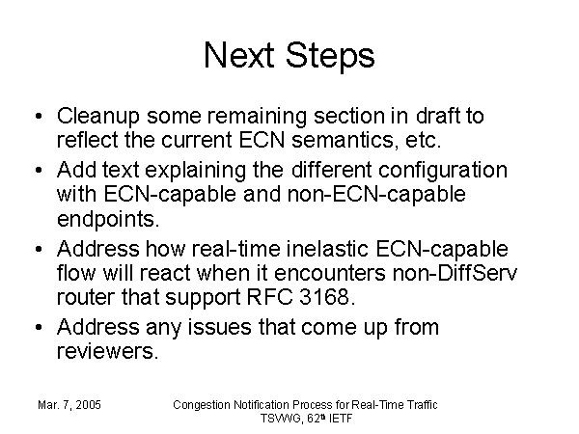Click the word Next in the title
pyautogui.click(x=239, y=55)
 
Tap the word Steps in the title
pyautogui.click(x=330, y=56)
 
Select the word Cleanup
pyautogui.click(x=97, y=117)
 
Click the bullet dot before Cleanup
pyautogui.click(x=39, y=117)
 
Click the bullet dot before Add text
pyautogui.click(x=39, y=170)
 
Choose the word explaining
pyautogui.click(x=195, y=170)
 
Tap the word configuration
pyautogui.click(x=442, y=170)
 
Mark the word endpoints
pyautogui.click(x=108, y=219)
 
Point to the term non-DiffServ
pyautogui.click(x=455, y=272)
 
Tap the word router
pyautogui.click(x=85, y=297)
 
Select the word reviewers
pyautogui.click(x=107, y=351)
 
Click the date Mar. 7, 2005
pyautogui.click(x=69, y=405)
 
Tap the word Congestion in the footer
pyautogui.click(x=202, y=405)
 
